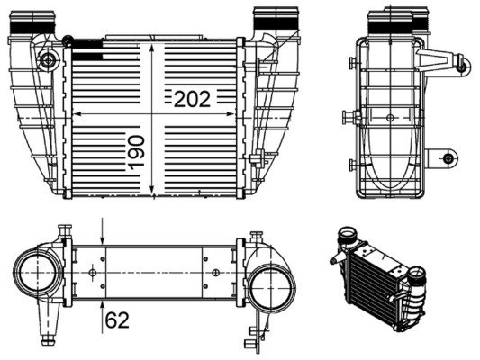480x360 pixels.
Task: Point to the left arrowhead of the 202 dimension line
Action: point(76,114)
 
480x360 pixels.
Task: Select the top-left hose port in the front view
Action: point(23,23)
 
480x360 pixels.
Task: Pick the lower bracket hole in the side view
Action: point(448,159)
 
